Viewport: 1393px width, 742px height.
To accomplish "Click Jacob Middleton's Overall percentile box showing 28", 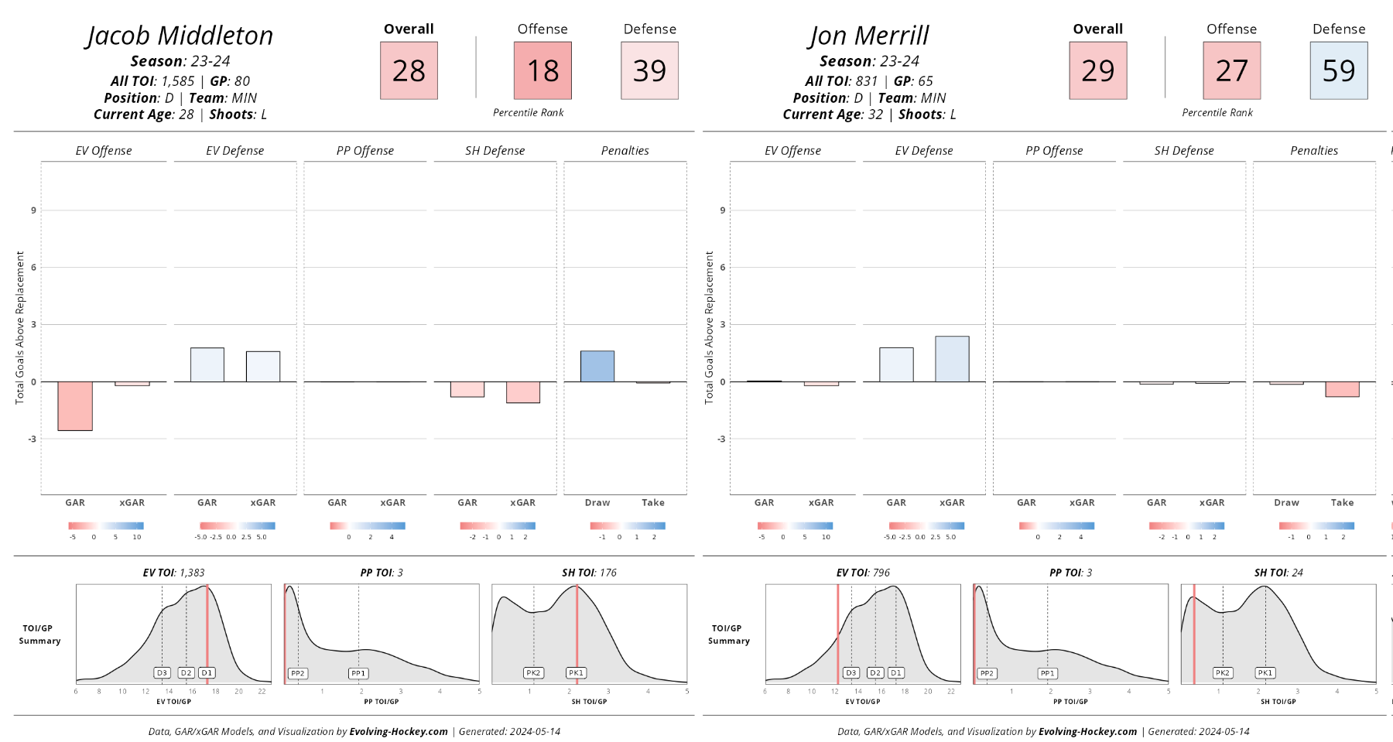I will click(409, 70).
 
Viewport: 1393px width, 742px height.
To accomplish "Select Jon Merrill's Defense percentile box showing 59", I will click(1338, 70).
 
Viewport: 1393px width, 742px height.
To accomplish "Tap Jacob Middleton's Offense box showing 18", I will click(542, 70).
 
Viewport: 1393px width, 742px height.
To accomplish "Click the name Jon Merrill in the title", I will click(869, 36).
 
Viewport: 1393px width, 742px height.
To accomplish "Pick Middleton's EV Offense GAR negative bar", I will click(75, 405).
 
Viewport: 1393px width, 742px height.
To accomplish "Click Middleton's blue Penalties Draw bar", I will click(597, 366).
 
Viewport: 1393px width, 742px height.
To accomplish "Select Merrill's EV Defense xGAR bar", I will click(952, 359).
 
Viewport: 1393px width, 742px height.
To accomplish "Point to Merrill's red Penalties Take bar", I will click(1342, 389).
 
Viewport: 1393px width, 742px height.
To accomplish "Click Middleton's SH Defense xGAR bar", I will click(523, 392).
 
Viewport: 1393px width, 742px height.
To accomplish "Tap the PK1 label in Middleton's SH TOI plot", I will click(576, 673).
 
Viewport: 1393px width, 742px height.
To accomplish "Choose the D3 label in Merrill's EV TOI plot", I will click(851, 673).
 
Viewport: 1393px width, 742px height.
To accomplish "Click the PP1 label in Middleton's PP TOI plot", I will click(358, 673).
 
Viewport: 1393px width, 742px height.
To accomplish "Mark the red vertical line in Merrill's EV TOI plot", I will click(837, 634).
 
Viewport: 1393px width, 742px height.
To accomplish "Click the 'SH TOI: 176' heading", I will click(589, 573).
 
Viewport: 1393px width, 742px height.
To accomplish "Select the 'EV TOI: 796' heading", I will click(863, 573).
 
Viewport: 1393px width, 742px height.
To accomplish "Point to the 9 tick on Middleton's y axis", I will click(33, 210).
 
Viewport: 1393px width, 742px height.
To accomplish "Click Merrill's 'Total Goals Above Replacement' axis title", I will click(709, 327).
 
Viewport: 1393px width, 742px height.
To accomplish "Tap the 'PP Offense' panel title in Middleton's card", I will click(365, 151).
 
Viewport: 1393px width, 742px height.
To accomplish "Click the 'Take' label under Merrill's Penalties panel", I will click(1342, 503).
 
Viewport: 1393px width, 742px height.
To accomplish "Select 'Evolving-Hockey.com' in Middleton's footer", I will click(399, 731).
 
